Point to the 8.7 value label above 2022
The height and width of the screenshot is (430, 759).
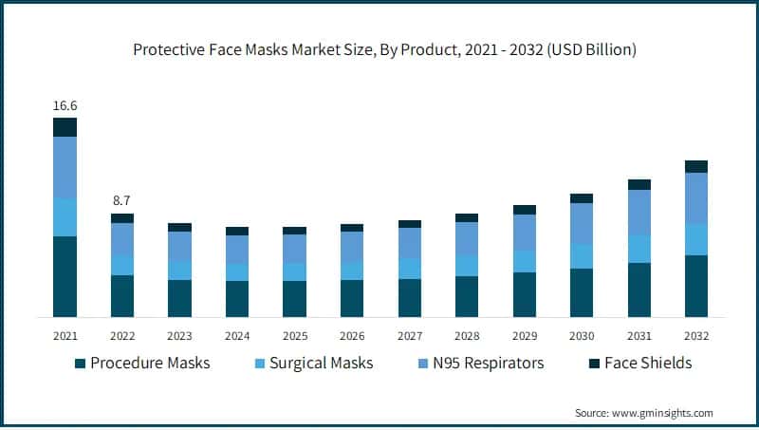click(x=122, y=200)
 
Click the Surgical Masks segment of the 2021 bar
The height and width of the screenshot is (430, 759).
click(x=65, y=217)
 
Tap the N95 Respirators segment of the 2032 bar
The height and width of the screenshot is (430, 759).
click(x=696, y=198)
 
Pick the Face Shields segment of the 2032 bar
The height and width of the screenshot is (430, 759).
click(x=696, y=166)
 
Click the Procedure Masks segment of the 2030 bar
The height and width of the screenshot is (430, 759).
click(x=582, y=291)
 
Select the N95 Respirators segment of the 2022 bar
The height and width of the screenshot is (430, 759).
click(x=122, y=239)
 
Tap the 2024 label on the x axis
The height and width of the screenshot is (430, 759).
click(x=237, y=336)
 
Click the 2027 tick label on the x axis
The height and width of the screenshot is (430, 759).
click(x=409, y=336)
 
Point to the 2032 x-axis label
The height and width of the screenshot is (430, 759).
click(x=696, y=336)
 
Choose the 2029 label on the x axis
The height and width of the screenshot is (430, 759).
click(x=524, y=336)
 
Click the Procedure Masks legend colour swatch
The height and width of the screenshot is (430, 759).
click(x=80, y=364)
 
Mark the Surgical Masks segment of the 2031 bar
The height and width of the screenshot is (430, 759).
click(x=639, y=249)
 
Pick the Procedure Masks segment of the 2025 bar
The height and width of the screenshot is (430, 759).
click(x=294, y=298)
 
